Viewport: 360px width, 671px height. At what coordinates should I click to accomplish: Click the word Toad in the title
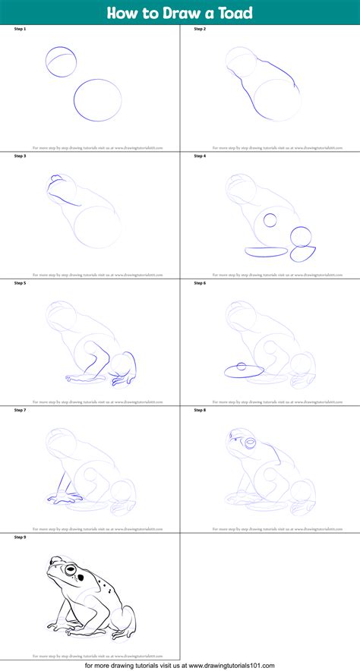pyautogui.click(x=232, y=12)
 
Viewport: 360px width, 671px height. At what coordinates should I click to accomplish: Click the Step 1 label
pyautogui.click(x=21, y=29)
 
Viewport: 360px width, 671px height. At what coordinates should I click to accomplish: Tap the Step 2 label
pyautogui.click(x=200, y=29)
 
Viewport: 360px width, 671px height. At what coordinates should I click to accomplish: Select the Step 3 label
pyautogui.click(x=21, y=156)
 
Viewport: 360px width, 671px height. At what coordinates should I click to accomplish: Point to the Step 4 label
pyautogui.click(x=200, y=156)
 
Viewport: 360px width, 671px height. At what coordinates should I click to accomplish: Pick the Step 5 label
pyautogui.click(x=21, y=282)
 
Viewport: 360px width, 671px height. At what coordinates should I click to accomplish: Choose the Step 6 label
pyautogui.click(x=200, y=282)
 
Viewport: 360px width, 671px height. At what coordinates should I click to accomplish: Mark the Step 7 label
pyautogui.click(x=21, y=410)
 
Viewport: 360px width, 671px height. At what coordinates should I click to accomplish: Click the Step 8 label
pyautogui.click(x=200, y=410)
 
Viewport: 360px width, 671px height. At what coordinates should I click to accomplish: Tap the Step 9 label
pyautogui.click(x=21, y=537)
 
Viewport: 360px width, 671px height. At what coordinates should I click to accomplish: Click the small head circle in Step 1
pyautogui.click(x=61, y=62)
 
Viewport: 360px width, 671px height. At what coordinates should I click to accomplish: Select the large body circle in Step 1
pyautogui.click(x=97, y=101)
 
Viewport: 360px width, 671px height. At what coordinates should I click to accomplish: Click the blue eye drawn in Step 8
pyautogui.click(x=248, y=441)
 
